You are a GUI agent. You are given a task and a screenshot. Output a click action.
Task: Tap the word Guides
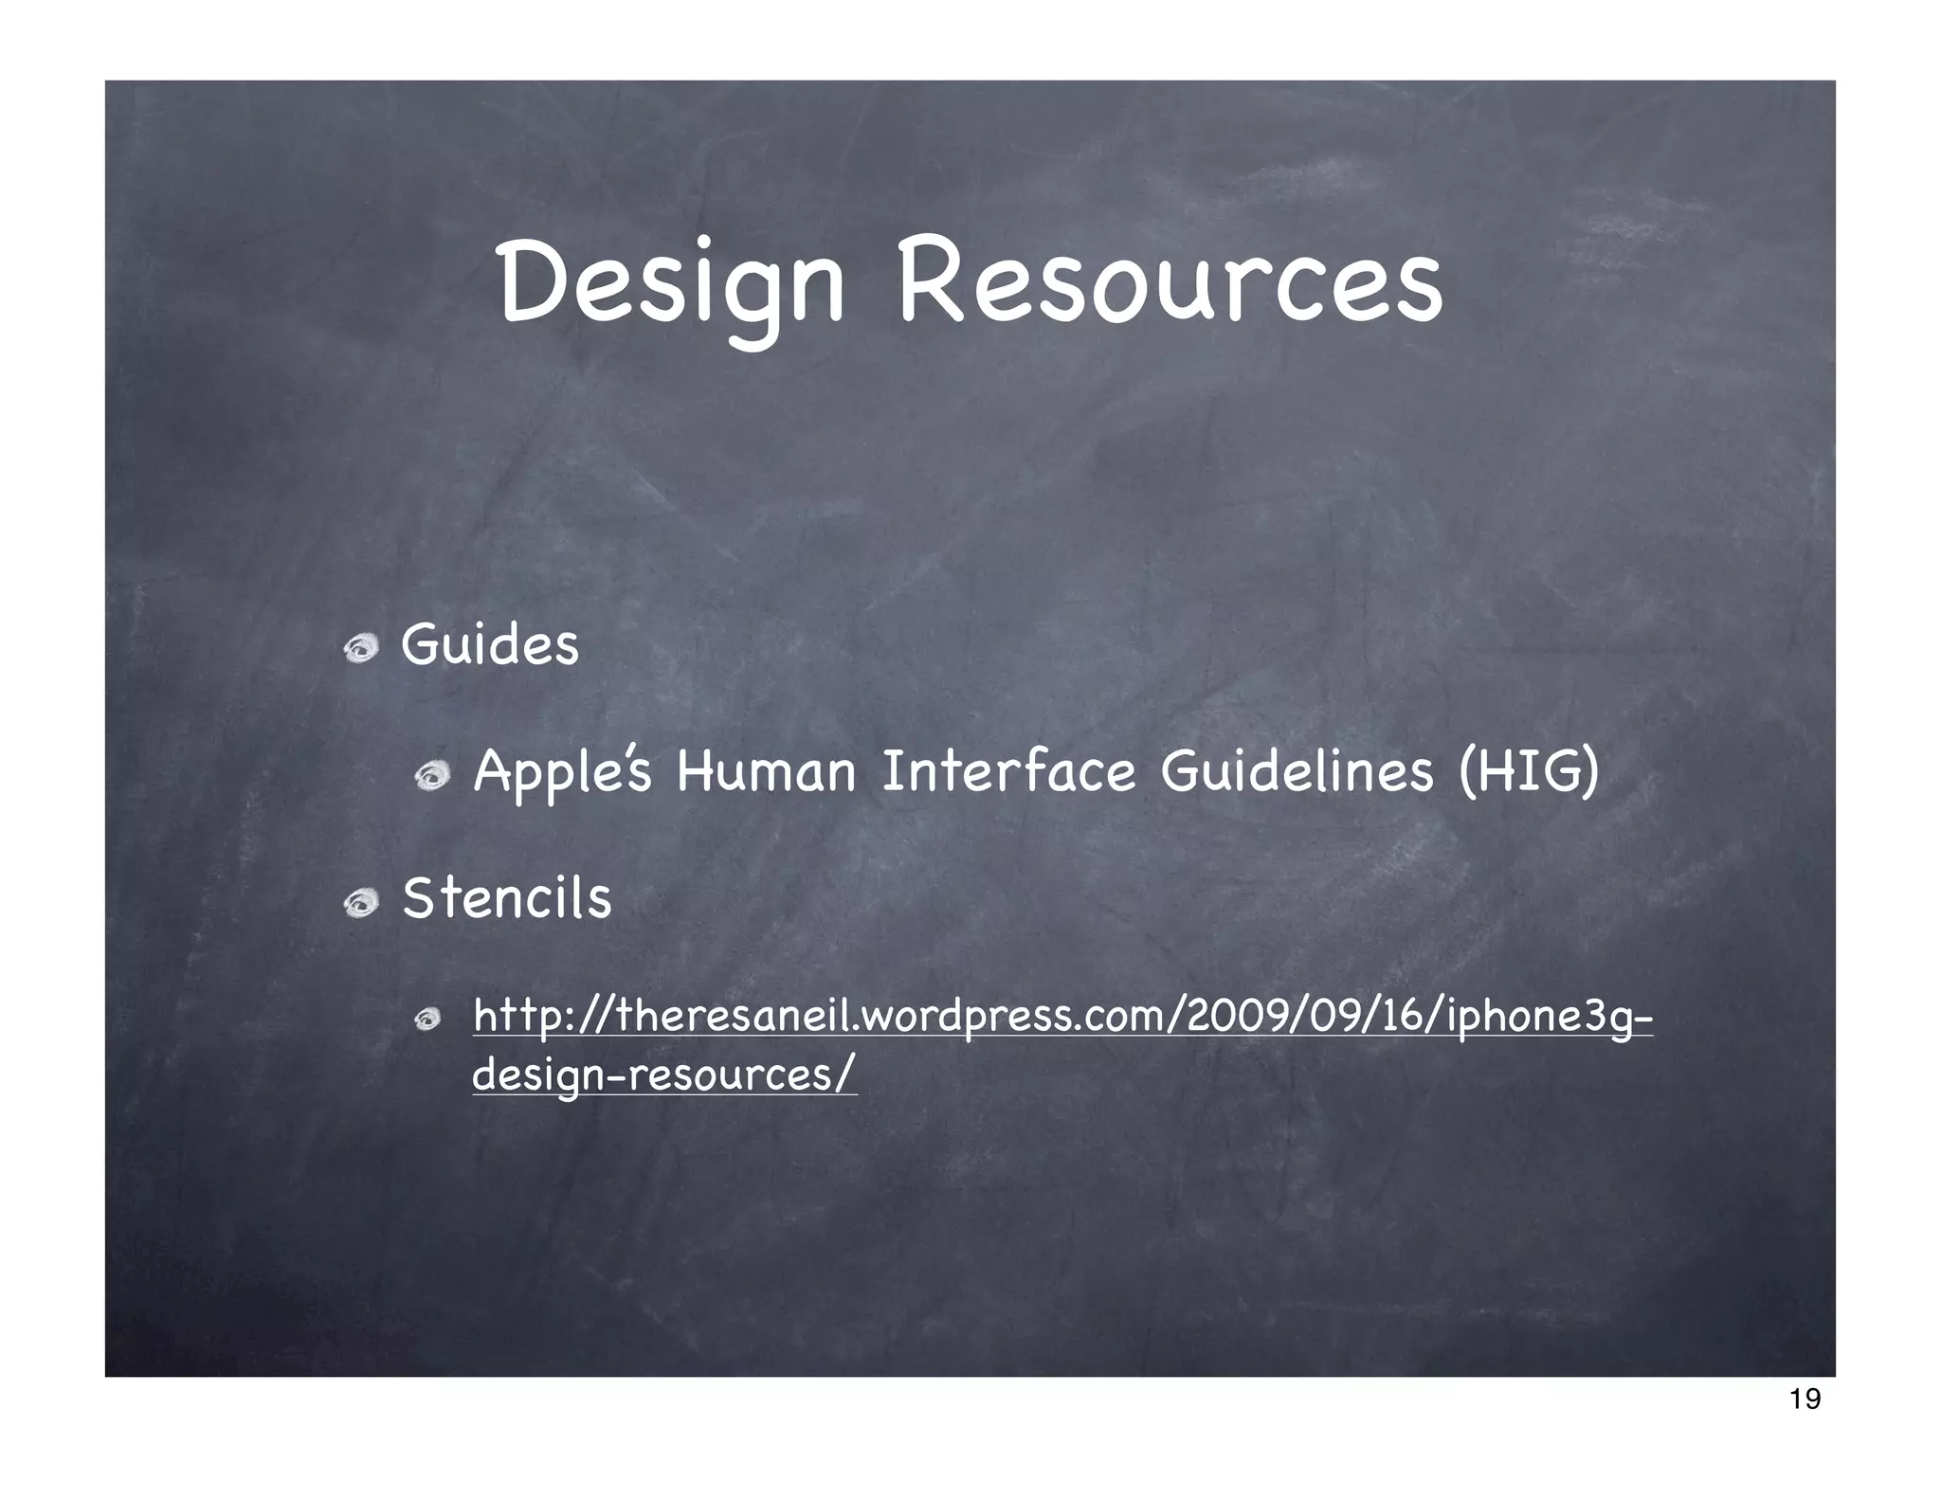coord(489,646)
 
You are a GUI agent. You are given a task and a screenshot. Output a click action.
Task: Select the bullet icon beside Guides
coord(361,650)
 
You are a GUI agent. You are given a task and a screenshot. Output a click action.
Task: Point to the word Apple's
coord(562,772)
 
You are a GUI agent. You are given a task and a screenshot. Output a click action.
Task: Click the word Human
coord(766,772)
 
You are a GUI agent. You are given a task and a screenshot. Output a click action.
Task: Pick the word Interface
coord(1008,772)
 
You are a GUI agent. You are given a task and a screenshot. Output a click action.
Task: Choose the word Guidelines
coord(1297,772)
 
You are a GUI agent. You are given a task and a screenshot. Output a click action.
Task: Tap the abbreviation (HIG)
coord(1529,772)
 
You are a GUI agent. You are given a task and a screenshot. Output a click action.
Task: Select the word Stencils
coord(507,898)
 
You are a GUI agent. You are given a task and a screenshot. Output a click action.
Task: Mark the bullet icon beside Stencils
coord(361,903)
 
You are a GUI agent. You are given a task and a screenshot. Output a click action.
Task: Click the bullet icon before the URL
coord(428,1020)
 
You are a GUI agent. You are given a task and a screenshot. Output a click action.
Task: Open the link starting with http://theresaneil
coord(1061,1017)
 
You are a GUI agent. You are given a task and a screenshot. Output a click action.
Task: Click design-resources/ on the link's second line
coord(664,1075)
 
